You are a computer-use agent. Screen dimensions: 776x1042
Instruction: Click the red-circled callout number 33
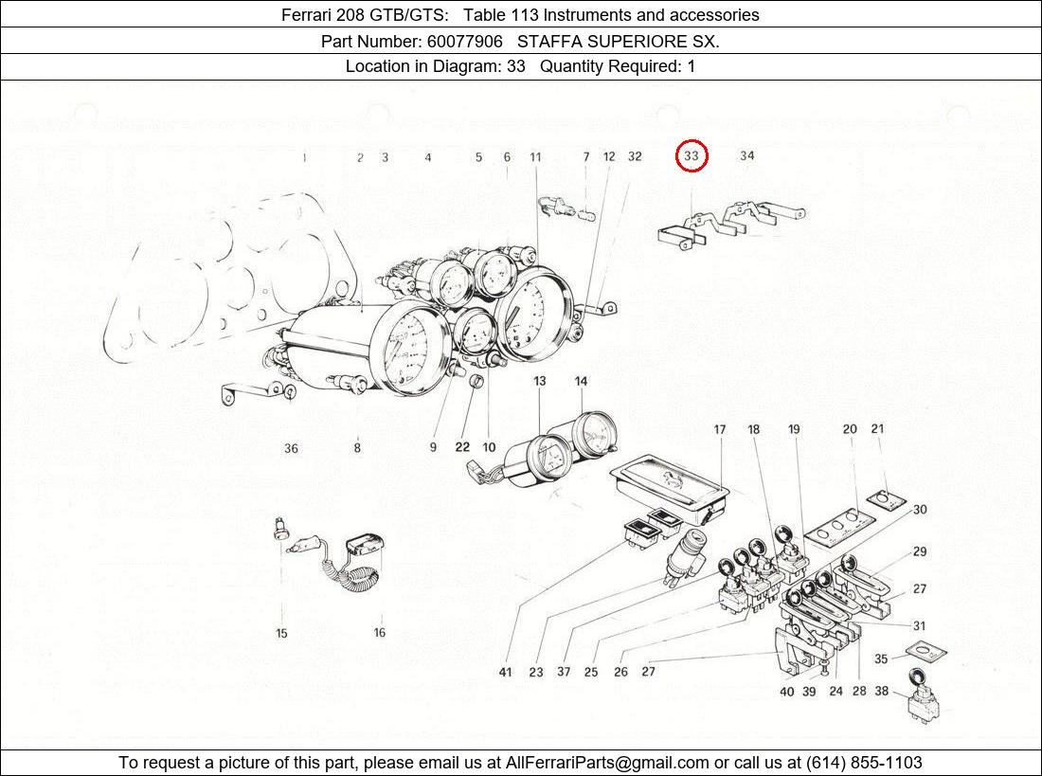pyautogui.click(x=692, y=155)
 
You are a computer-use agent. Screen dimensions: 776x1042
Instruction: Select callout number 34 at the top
pyautogui.click(x=747, y=155)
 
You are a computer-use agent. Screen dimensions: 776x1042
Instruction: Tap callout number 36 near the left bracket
pyautogui.click(x=291, y=448)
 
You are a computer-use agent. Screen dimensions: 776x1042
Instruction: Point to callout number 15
pyautogui.click(x=281, y=633)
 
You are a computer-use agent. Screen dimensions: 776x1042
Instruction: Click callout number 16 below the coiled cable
pyautogui.click(x=379, y=633)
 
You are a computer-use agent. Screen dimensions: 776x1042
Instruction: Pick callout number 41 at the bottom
pyautogui.click(x=506, y=672)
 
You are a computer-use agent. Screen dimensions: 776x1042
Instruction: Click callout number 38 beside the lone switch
pyautogui.click(x=881, y=692)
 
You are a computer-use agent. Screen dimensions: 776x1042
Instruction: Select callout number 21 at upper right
pyautogui.click(x=877, y=429)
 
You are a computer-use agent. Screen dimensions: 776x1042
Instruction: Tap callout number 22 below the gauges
pyautogui.click(x=462, y=447)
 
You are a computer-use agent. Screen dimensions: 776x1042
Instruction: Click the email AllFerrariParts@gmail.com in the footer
pyautogui.click(x=607, y=762)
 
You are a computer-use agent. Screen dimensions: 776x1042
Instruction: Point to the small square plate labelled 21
pyautogui.click(x=888, y=499)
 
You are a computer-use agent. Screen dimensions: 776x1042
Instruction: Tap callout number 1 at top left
pyautogui.click(x=304, y=157)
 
